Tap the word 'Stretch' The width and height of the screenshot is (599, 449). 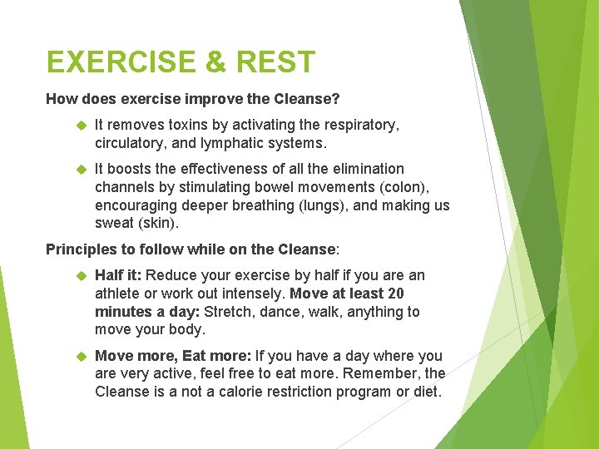[x=228, y=312]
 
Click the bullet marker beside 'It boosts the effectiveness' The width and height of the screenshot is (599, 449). [x=81, y=169]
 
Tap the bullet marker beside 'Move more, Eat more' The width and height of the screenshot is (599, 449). [x=81, y=356]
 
